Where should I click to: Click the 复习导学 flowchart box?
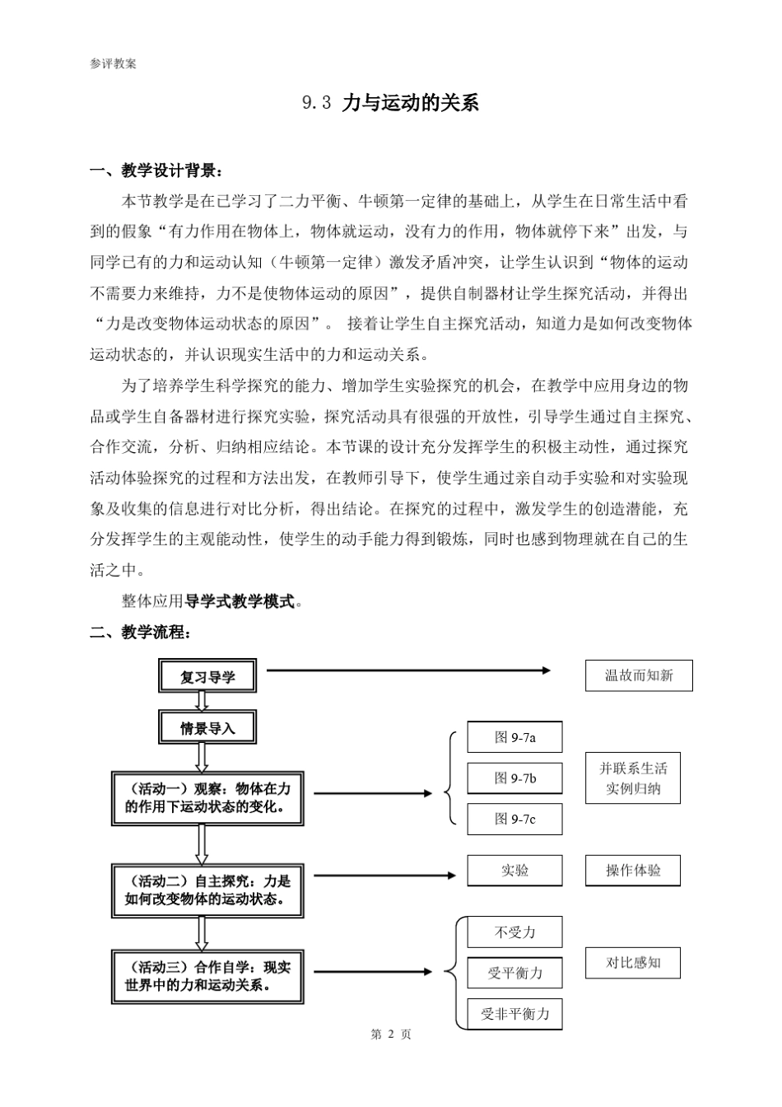(x=207, y=677)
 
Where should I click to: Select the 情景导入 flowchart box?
(x=207, y=728)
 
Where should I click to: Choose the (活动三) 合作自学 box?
(x=207, y=976)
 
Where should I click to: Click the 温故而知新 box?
(x=639, y=675)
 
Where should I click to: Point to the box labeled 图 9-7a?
(x=514, y=737)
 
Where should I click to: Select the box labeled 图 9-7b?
(x=514, y=778)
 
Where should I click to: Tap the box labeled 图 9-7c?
(x=514, y=819)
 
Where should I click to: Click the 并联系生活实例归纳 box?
(x=633, y=778)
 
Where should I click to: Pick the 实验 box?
(x=514, y=871)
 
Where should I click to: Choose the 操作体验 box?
(x=633, y=871)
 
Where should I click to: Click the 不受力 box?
(x=514, y=932)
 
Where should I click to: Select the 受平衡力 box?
(x=514, y=974)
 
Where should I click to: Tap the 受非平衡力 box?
(x=514, y=1014)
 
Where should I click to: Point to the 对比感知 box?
(x=633, y=963)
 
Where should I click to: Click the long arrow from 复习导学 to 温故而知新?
(x=407, y=670)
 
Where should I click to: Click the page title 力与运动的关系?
(x=409, y=103)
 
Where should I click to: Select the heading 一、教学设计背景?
(x=156, y=171)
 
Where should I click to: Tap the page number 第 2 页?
(x=391, y=1035)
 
